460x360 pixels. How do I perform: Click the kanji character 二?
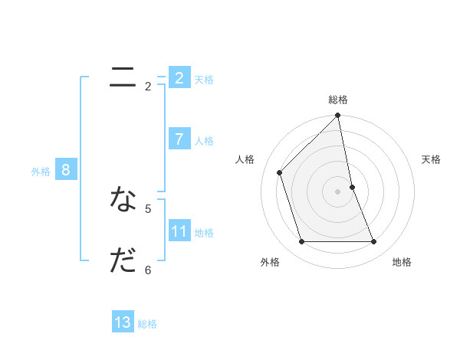123,77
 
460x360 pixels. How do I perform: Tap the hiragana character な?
123,199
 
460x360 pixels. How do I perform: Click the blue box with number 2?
179,77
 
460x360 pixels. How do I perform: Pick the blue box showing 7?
179,139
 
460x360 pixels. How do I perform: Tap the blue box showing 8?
66,170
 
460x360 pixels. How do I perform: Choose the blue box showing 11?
179,231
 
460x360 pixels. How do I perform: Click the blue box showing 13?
123,322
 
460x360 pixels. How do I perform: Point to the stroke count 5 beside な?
148,208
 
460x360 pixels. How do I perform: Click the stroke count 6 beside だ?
148,270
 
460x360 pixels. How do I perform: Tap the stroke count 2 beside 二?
148,87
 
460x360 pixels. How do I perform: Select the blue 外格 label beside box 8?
41,172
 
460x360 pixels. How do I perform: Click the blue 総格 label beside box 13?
147,324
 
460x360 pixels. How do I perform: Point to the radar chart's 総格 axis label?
338,100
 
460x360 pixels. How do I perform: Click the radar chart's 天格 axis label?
431,159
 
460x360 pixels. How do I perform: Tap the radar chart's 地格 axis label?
402,262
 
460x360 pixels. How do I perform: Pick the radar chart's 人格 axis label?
245,159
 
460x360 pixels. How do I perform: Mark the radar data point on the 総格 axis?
338,116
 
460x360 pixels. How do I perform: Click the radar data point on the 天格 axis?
352,187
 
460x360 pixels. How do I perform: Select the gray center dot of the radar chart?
338,191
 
